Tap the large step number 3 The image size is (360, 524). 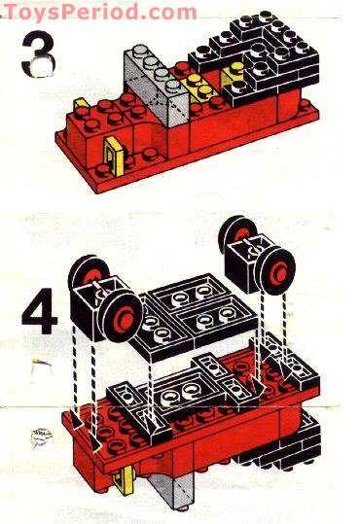click(x=37, y=58)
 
